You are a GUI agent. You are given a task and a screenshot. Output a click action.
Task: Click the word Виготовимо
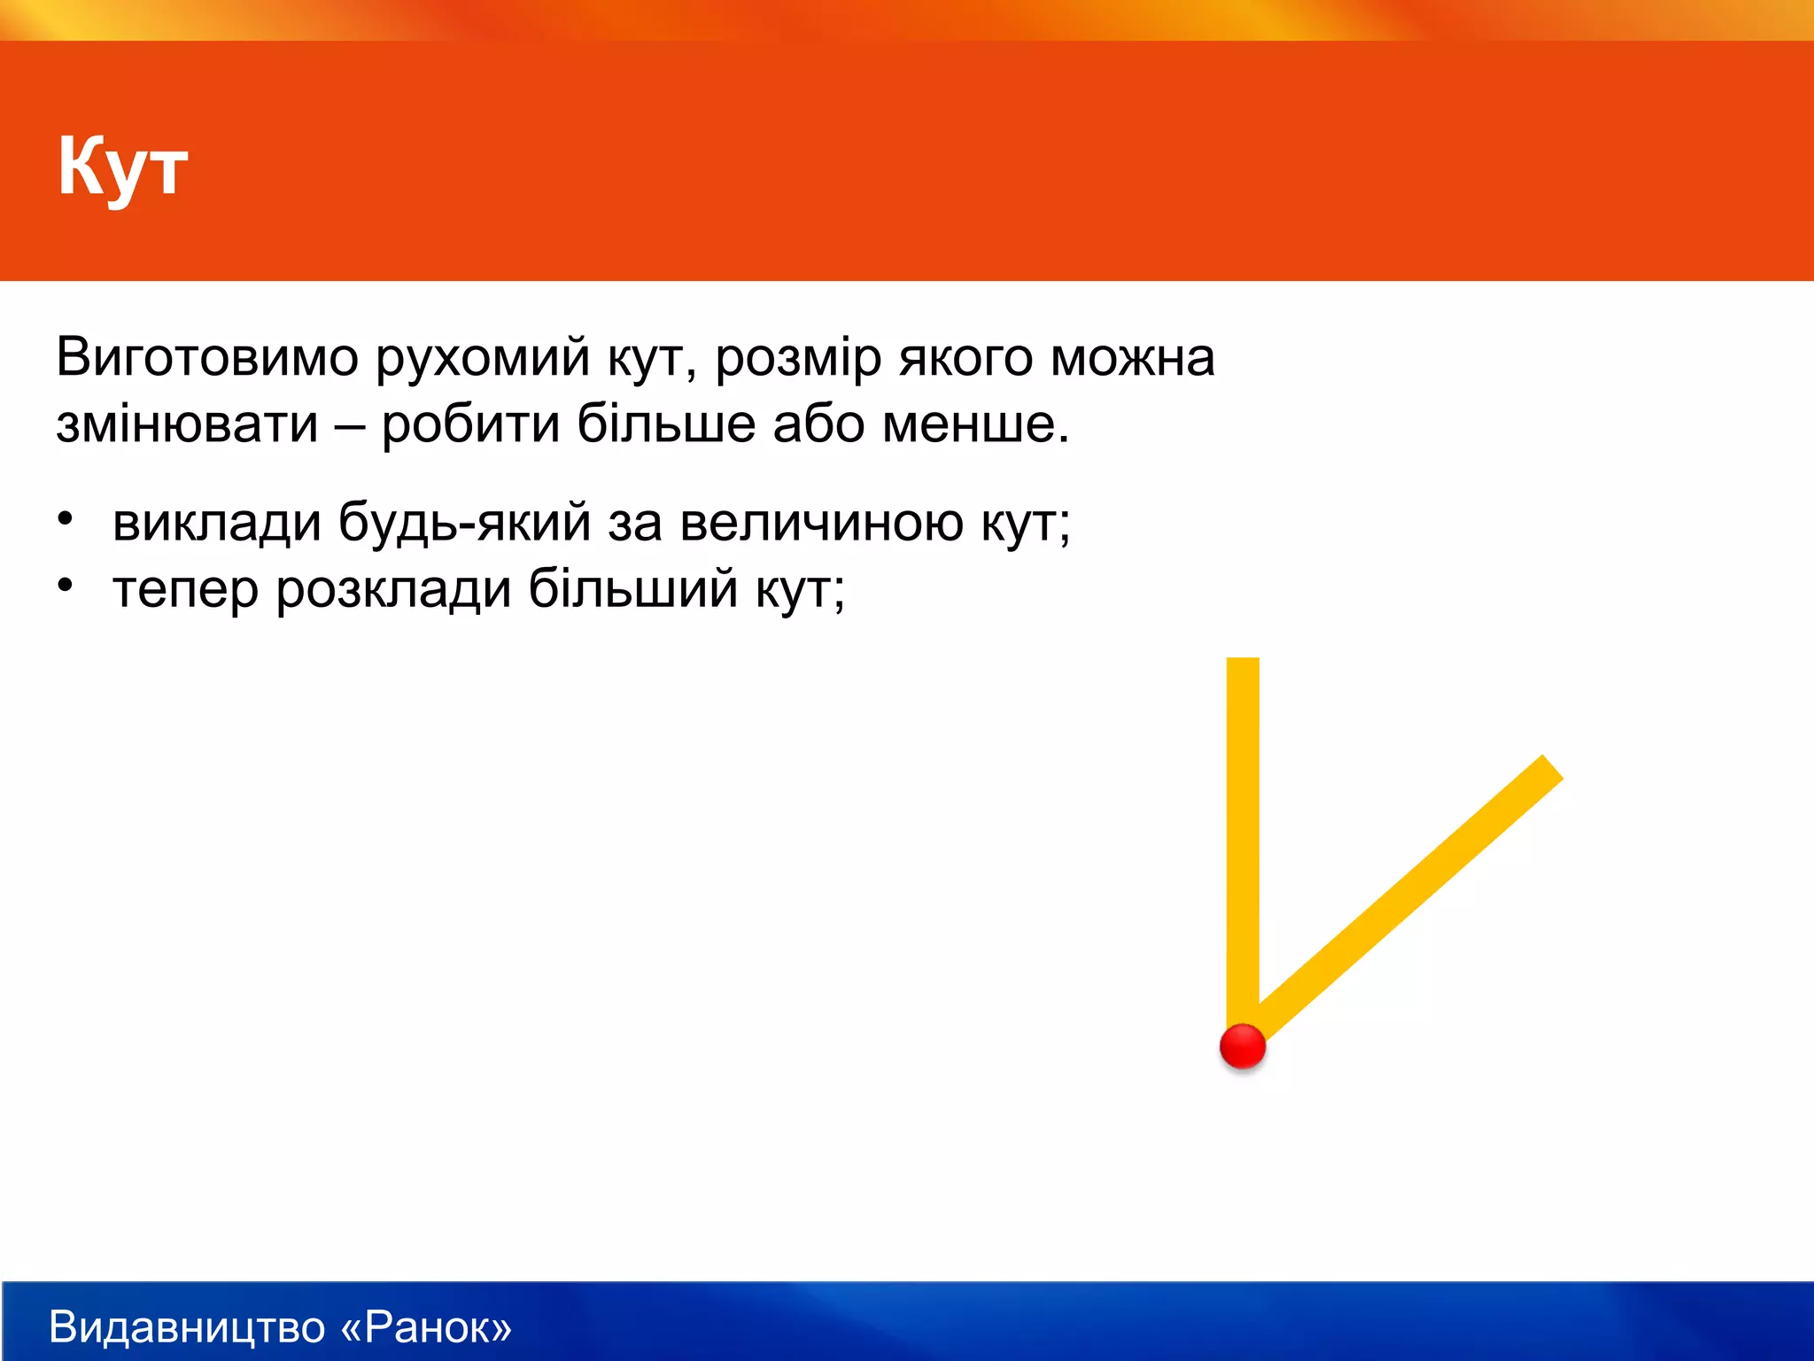click(x=207, y=358)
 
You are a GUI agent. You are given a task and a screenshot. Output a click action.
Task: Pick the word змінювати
click(x=187, y=424)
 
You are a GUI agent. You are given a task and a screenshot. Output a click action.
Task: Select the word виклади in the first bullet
click(x=216, y=523)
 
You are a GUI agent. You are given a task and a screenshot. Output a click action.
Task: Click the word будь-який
click(x=464, y=523)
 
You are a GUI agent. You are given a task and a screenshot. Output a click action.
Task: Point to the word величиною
click(x=821, y=523)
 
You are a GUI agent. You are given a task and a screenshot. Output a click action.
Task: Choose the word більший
click(x=632, y=588)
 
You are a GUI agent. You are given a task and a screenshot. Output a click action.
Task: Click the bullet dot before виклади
click(x=65, y=519)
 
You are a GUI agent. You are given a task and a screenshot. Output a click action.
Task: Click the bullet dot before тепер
click(x=65, y=586)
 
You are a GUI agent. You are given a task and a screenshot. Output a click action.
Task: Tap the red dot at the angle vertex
click(x=1243, y=1046)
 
